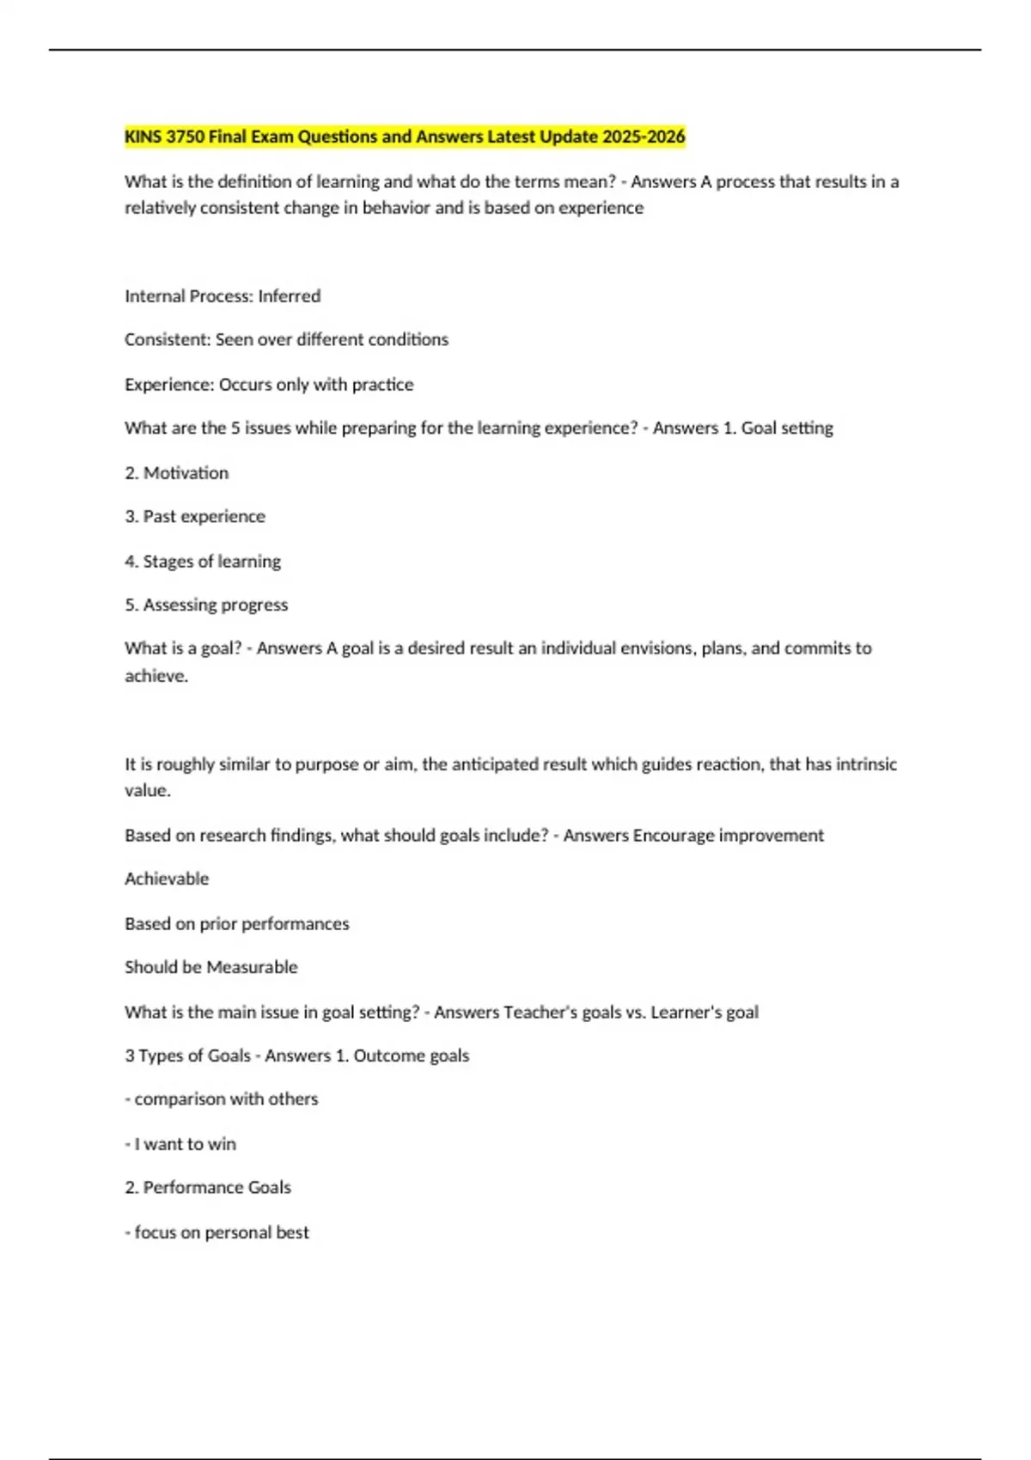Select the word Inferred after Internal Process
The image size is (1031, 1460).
click(290, 296)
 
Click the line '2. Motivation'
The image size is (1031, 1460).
click(177, 473)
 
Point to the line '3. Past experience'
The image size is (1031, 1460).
click(195, 517)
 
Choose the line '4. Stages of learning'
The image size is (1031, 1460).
click(203, 562)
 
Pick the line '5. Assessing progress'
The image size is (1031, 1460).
click(206, 605)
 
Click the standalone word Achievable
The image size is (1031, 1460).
click(167, 879)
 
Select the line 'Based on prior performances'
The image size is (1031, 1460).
click(237, 924)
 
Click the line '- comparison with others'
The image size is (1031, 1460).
click(222, 1099)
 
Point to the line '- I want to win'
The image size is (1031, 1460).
click(180, 1144)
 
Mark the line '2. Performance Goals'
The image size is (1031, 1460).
click(208, 1188)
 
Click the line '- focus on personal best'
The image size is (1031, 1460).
click(217, 1232)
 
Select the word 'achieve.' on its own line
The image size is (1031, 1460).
click(156, 677)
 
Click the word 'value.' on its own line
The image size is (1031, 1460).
click(148, 791)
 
